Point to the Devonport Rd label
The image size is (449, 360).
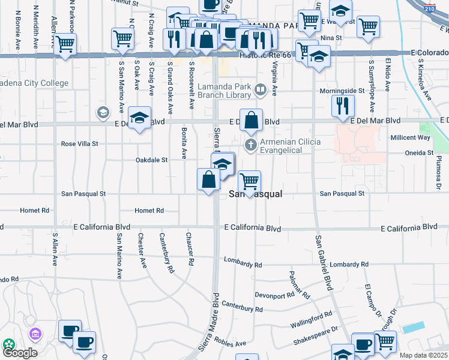click(x=275, y=294)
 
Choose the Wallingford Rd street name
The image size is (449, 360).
click(x=312, y=316)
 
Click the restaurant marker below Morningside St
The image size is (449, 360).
click(x=343, y=106)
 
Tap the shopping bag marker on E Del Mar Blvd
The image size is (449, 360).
click(x=252, y=119)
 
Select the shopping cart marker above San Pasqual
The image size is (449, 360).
click(x=249, y=181)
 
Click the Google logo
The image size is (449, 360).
click(x=19, y=353)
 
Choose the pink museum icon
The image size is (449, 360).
click(x=35, y=333)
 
